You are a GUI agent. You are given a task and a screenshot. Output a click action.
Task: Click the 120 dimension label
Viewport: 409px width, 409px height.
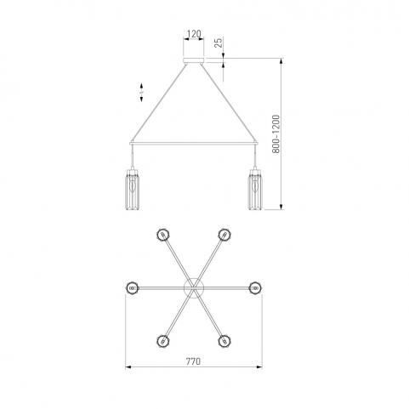click(x=194, y=34)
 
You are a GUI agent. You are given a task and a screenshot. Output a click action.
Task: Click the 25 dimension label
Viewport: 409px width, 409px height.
click(x=219, y=43)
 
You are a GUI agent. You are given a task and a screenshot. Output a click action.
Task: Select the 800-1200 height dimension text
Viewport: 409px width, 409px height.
click(x=276, y=134)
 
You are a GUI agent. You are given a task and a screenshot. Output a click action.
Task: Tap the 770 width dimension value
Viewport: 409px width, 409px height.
click(x=193, y=361)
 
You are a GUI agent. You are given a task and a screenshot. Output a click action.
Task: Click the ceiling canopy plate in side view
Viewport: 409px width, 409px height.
click(x=194, y=60)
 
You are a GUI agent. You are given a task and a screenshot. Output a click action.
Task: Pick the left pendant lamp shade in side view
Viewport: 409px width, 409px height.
click(x=132, y=190)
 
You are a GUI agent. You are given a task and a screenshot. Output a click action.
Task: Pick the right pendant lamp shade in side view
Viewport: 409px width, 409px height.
click(x=255, y=190)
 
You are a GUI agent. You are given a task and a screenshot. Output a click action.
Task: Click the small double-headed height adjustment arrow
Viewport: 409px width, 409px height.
click(x=141, y=92)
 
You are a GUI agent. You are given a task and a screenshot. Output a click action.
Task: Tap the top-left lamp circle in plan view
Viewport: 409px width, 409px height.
click(x=162, y=235)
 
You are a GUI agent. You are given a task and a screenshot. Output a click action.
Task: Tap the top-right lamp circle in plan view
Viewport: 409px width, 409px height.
click(x=224, y=235)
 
